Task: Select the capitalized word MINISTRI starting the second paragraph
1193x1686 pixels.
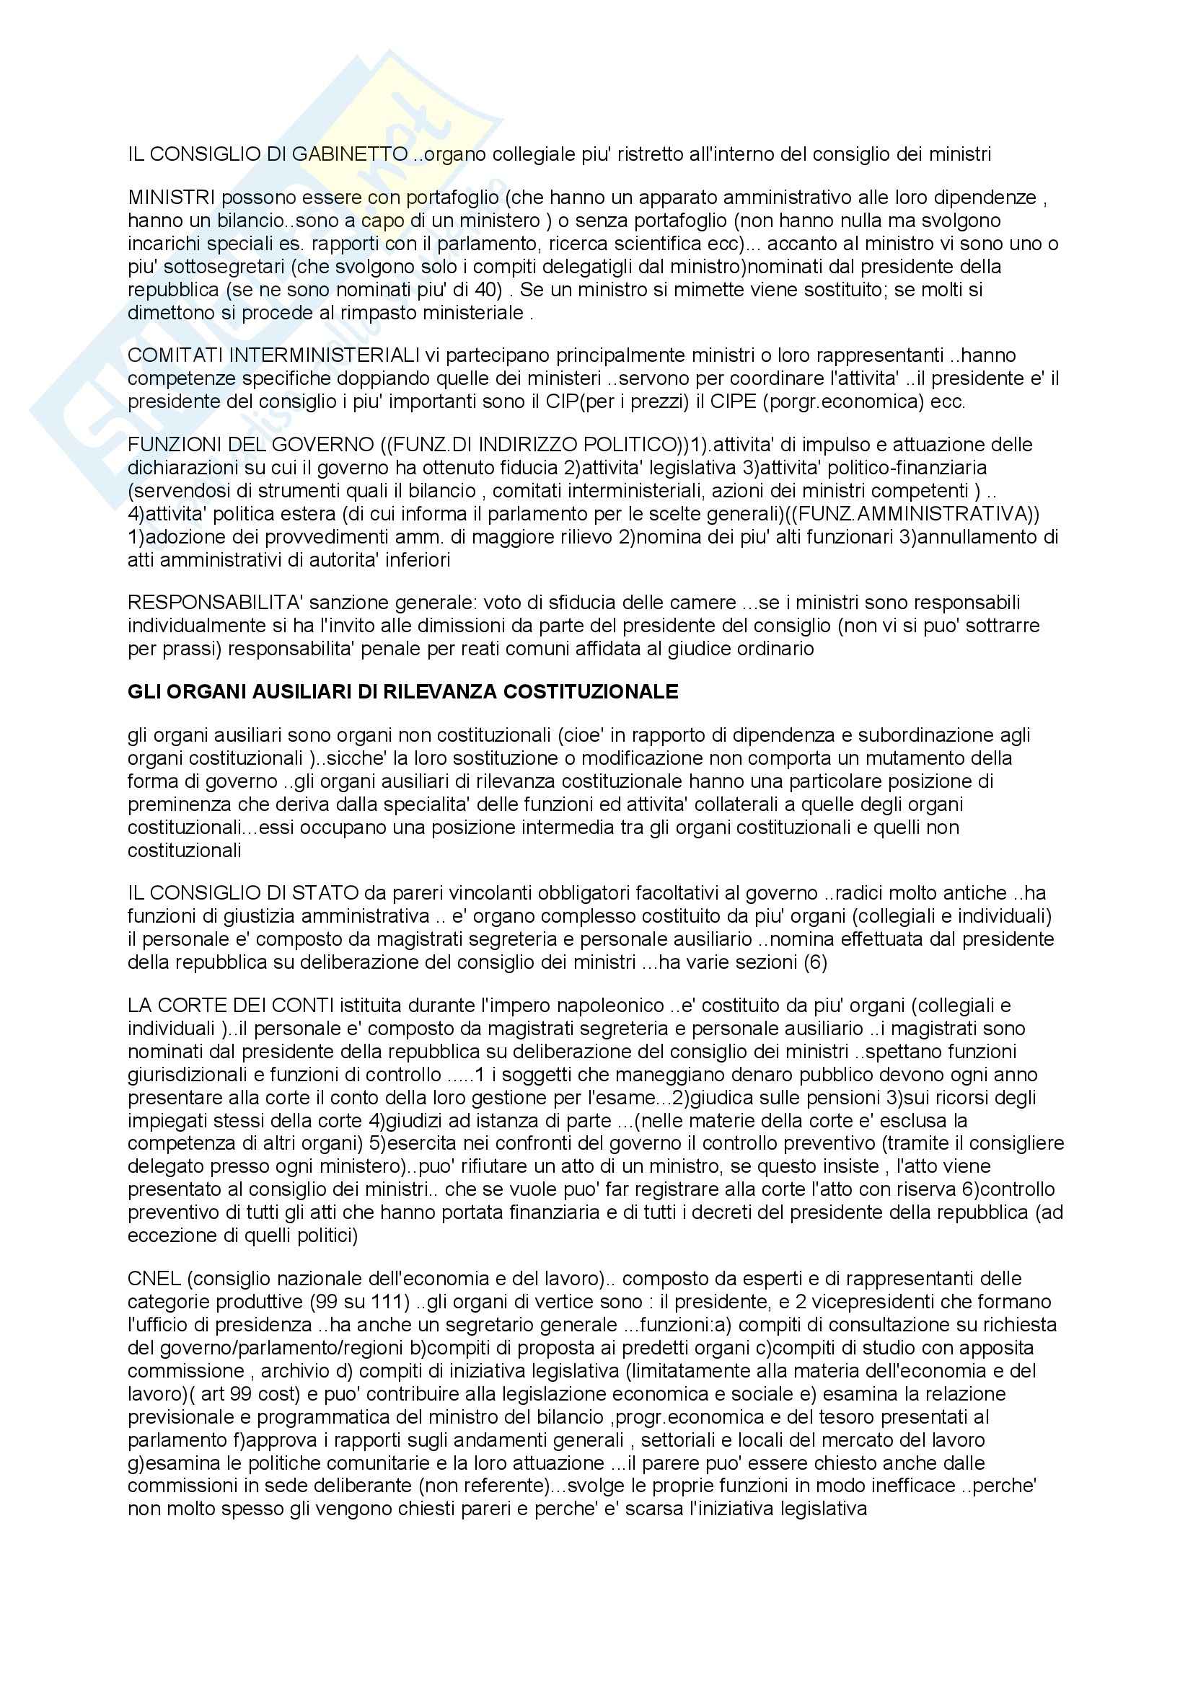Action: coord(171,198)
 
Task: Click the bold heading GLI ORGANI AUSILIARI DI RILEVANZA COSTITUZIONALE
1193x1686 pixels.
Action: coord(402,692)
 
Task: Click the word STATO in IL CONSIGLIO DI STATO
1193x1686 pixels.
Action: coord(329,893)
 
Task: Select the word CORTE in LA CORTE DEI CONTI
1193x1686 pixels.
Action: coord(193,1006)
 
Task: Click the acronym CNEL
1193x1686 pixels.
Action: coord(154,1279)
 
